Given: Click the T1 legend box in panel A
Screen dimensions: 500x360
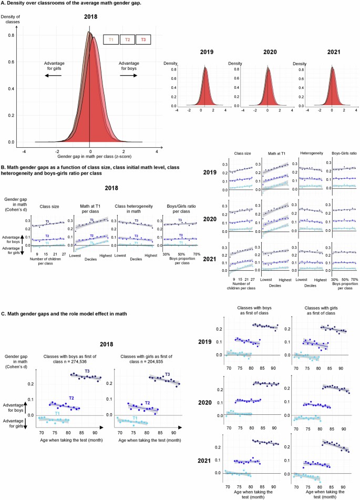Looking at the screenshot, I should pyautogui.click(x=111, y=39).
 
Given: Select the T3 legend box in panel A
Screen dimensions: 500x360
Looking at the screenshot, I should pyautogui.click(x=143, y=39).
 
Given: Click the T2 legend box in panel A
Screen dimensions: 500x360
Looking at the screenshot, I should pyautogui.click(x=127, y=39).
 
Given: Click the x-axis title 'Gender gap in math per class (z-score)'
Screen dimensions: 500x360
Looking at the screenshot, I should pyautogui.click(x=90, y=157).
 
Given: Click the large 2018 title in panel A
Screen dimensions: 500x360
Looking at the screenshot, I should pyautogui.click(x=90, y=16).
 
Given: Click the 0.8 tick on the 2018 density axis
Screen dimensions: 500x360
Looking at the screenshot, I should pyautogui.click(x=11, y=36).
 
